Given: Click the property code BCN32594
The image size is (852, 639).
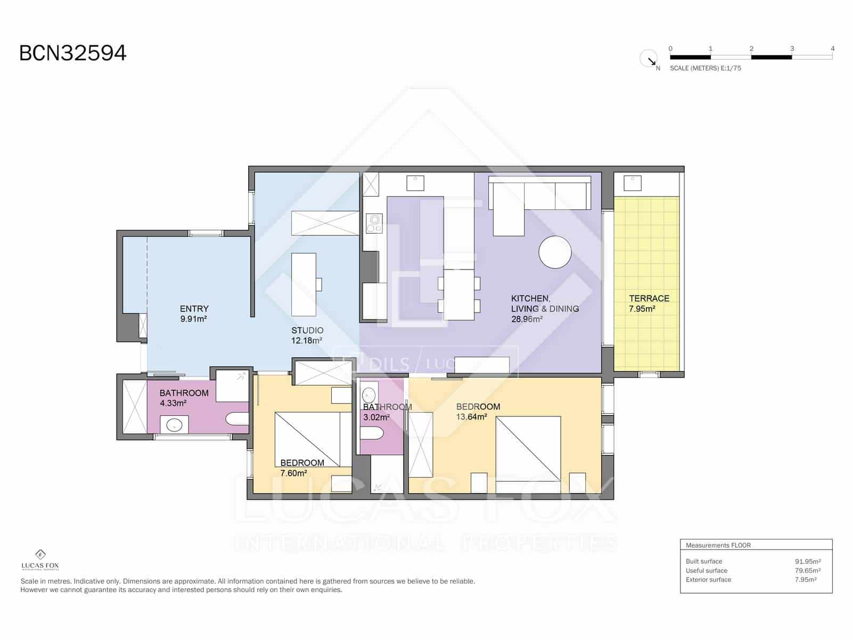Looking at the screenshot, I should pos(73,53).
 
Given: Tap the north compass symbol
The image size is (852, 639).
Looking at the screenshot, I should pos(649,59).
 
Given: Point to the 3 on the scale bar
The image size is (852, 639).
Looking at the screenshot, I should pos(792,48).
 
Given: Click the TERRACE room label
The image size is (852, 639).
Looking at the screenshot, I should pos(649,298).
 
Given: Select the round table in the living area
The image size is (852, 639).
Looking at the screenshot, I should pos(555,252).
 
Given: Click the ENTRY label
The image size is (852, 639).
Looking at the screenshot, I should pos(194,309).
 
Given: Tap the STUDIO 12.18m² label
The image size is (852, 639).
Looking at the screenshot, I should pos(307,335).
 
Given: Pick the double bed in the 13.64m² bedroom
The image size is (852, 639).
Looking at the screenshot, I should pos(528,449).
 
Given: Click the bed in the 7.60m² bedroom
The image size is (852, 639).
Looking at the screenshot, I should pos(307,439).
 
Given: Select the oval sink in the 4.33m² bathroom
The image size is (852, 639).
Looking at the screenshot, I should pos(174,425).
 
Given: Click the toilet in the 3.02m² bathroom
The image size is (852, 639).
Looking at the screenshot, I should pos(371,435).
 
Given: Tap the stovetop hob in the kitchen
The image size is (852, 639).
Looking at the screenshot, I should pos(374,223).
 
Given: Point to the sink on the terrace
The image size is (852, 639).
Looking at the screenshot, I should pos(633,183).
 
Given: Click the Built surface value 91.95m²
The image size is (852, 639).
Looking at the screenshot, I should pos(807,561).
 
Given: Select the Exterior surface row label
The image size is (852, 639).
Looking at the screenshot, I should pos(708,579).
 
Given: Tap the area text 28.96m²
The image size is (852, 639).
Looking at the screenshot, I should pos(527,319).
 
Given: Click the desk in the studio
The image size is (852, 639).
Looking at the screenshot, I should pos(304,284).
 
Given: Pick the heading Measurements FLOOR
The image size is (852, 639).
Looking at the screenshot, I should pos(718,545).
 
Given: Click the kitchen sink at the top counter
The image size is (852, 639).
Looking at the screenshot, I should pos(415,183).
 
